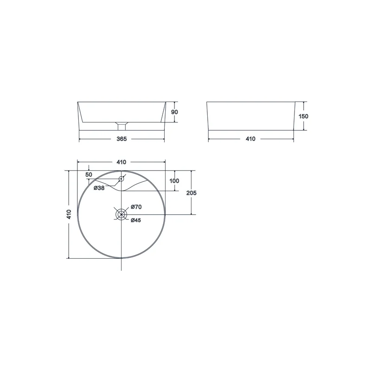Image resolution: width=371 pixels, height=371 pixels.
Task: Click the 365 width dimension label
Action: pyautogui.click(x=122, y=139)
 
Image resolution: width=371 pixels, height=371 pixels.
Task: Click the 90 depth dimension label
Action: pyautogui.click(x=174, y=112)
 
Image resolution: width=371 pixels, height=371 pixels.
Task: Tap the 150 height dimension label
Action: pyautogui.click(x=303, y=116)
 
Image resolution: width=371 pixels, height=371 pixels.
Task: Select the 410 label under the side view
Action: pyautogui.click(x=250, y=139)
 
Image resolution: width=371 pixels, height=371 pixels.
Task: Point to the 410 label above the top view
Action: pyautogui.click(x=121, y=162)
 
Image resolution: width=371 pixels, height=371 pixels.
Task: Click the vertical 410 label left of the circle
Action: pyautogui.click(x=69, y=214)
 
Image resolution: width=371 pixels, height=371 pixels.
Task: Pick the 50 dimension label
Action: pyautogui.click(x=89, y=175)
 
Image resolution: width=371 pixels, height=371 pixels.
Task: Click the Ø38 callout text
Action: pyautogui.click(x=99, y=188)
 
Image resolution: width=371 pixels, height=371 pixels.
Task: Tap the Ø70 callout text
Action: pyautogui.click(x=136, y=207)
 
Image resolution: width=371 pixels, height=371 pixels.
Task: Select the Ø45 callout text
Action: pyautogui.click(x=136, y=220)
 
